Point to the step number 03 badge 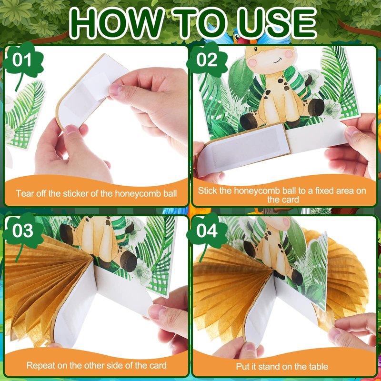click(22, 231)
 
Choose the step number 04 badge click(207, 231)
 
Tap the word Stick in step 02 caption click(208, 191)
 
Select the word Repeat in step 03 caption click(40, 366)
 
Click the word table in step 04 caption click(318, 366)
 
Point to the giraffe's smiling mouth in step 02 click(278, 60)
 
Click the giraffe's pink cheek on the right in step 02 click(289, 54)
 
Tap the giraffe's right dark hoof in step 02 click(316, 108)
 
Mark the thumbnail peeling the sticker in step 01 click(115, 90)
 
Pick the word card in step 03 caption click(158, 366)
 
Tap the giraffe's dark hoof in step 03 click(128, 261)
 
